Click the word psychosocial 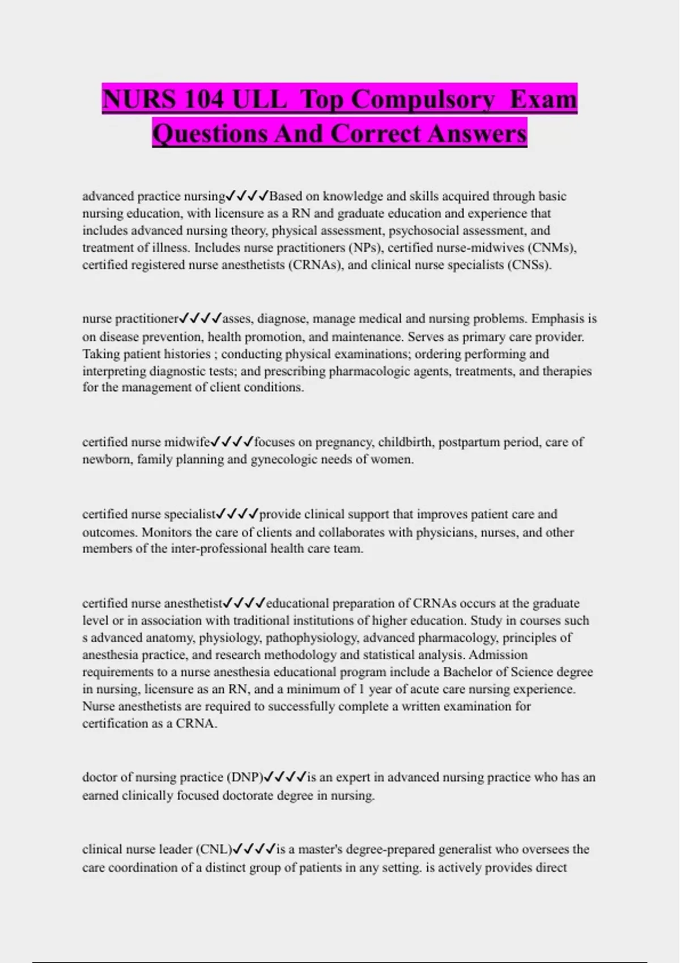[423, 231]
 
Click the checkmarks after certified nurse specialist [237, 514]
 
